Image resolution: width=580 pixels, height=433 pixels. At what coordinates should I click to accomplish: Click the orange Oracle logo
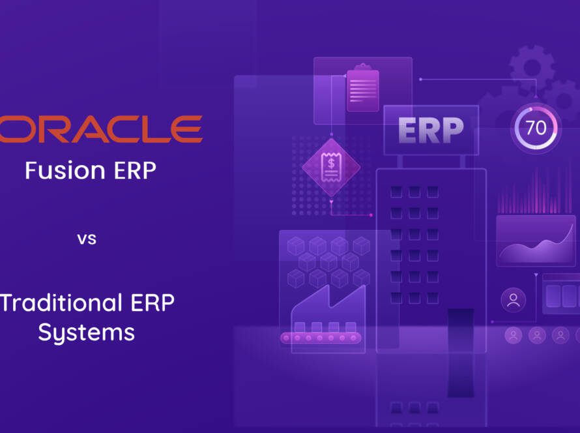101,128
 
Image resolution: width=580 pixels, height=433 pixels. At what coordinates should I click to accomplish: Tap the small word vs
87,239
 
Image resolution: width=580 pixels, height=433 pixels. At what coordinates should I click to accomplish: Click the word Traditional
61,303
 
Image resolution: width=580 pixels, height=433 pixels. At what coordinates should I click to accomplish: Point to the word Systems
87,333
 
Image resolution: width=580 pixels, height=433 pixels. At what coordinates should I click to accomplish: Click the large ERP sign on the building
431,130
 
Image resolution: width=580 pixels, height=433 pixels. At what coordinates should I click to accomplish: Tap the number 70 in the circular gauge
536,128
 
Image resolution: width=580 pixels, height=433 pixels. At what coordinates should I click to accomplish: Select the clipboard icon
362,88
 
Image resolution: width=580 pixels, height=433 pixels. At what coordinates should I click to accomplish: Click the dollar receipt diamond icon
331,168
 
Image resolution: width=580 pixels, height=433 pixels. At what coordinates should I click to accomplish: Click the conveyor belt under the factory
321,338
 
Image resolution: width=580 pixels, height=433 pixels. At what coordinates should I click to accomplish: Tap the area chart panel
536,241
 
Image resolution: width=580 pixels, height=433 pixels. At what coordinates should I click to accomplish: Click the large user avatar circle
514,300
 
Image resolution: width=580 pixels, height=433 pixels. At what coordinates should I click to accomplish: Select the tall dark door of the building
461,352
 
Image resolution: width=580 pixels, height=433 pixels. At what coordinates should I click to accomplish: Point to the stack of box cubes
328,262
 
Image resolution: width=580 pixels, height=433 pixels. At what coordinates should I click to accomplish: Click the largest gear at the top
532,67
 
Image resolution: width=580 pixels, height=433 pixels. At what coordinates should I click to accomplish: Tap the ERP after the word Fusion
135,170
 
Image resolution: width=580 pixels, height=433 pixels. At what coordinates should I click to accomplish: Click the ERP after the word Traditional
152,303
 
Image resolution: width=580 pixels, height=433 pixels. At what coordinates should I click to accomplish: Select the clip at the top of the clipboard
362,67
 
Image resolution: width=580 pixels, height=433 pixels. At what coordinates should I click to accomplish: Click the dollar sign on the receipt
331,163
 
